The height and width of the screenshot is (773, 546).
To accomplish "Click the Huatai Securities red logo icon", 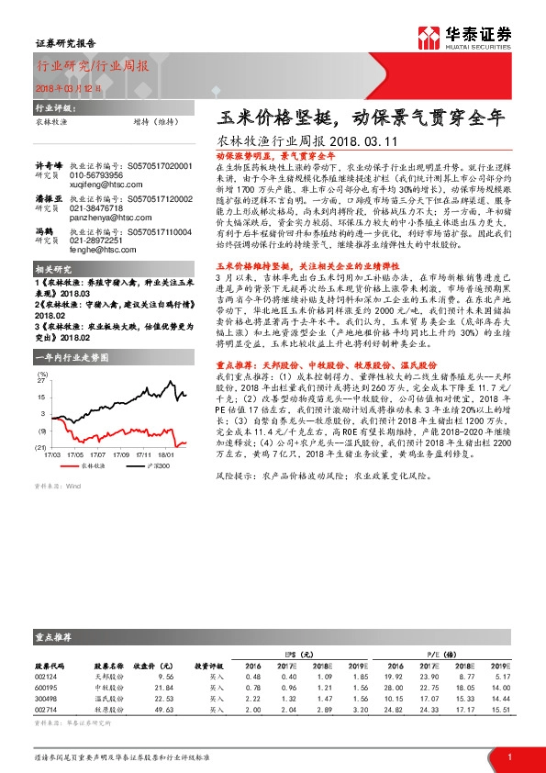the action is [429, 36].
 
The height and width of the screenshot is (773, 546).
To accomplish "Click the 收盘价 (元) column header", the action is [152, 665].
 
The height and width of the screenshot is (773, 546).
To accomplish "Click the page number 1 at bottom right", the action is [509, 756].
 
